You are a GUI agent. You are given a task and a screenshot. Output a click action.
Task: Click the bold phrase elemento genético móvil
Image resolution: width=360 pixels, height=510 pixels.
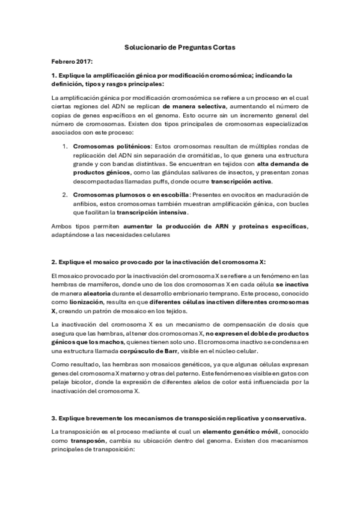click(238, 431)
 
